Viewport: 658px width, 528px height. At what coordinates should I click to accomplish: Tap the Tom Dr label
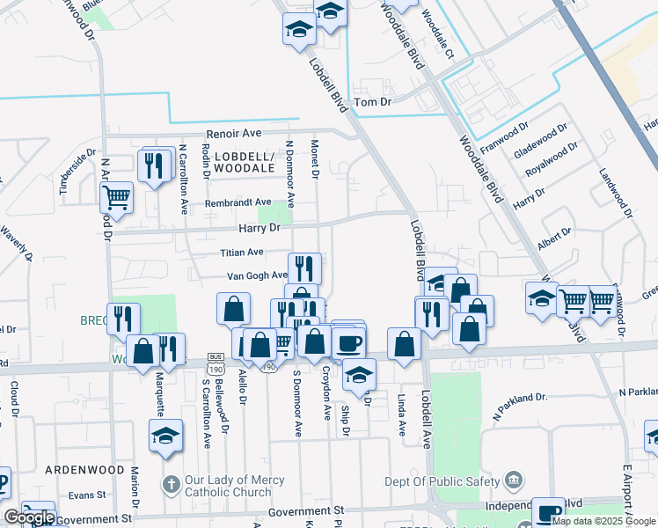[372, 103]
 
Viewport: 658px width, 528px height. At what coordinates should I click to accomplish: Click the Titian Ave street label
[242, 253]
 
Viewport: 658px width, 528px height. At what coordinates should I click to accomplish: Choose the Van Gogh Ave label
[257, 275]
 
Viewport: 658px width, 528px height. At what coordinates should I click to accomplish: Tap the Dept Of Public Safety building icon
[515, 480]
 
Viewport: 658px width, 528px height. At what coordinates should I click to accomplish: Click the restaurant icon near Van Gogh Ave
[304, 268]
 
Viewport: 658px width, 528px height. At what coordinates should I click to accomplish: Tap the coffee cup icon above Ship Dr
[348, 341]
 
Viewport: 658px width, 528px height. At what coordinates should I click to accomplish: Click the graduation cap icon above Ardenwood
[165, 436]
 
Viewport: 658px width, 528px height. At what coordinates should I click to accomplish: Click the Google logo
[29, 517]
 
